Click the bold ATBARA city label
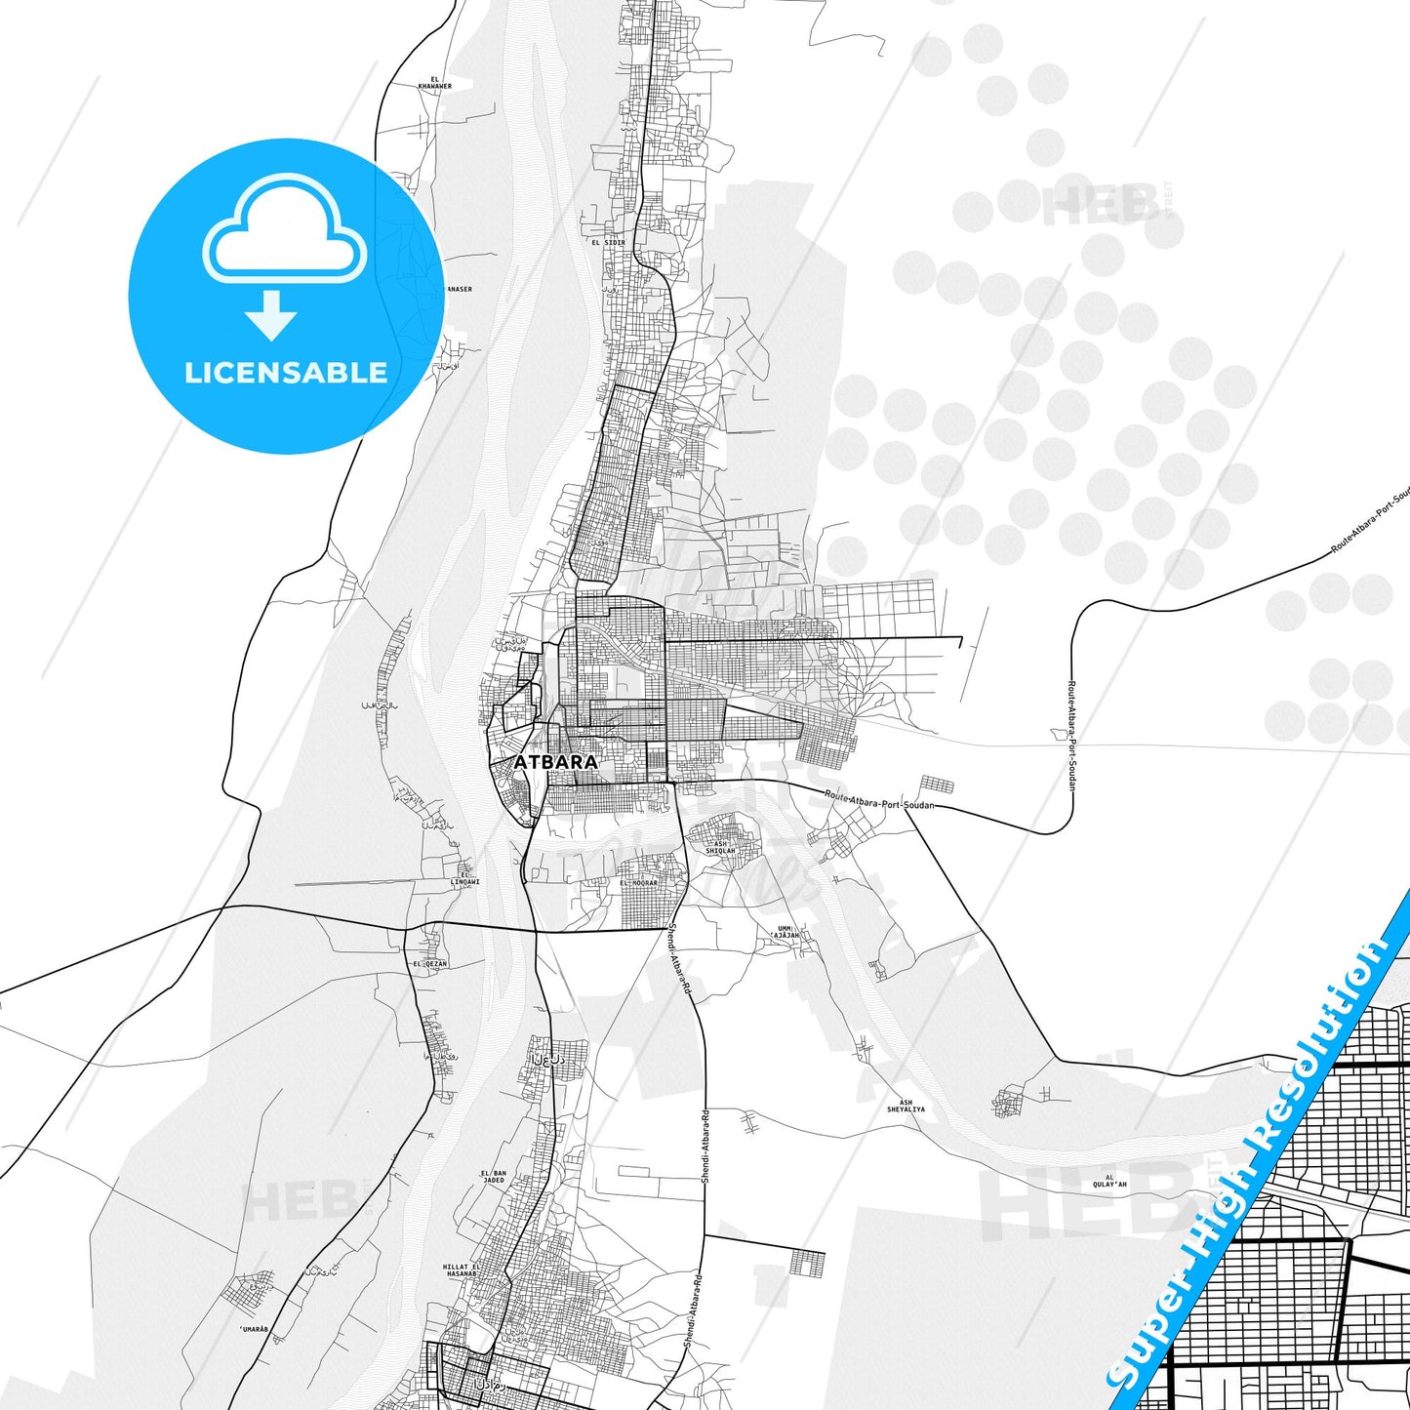click(555, 761)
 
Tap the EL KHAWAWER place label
click(434, 83)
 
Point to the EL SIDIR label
click(601, 242)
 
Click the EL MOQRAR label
click(639, 882)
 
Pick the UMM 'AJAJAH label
click(786, 932)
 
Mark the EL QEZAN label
click(429, 963)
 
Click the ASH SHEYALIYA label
click(906, 1107)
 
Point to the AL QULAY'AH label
click(1109, 1181)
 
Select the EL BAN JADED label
click(494, 1176)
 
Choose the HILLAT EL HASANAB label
click(462, 1269)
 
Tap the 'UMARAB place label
click(253, 1329)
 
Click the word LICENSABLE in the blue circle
click(286, 372)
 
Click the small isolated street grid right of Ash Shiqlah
click(938, 786)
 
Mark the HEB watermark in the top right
click(1099, 206)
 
